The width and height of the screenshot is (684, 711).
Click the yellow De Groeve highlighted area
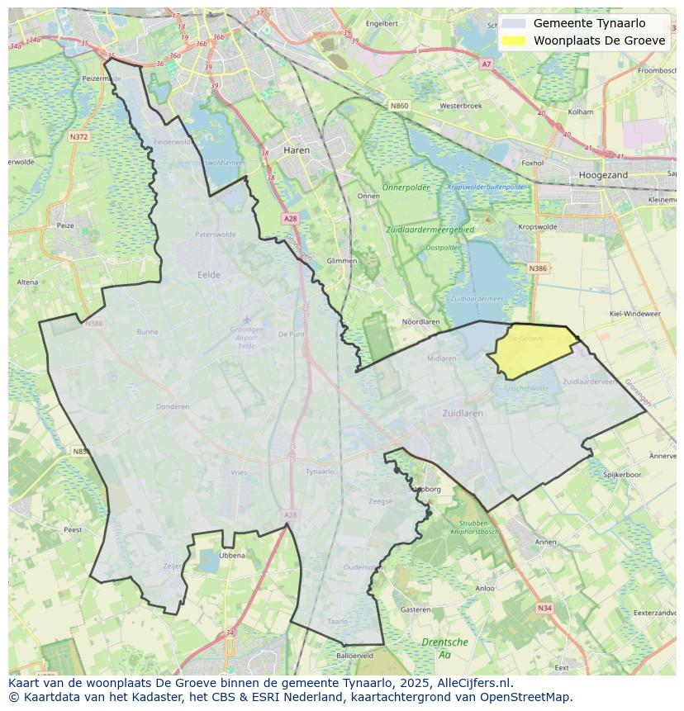[x=531, y=351]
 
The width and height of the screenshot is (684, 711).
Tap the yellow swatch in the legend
[x=513, y=40]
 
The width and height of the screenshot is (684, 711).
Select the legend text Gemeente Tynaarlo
[x=589, y=23]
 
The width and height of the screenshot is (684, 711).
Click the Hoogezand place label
[x=603, y=175]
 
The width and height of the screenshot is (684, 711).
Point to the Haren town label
[x=296, y=151]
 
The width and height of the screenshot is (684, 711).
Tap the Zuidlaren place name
[x=467, y=413]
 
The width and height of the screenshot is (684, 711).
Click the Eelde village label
[x=209, y=275]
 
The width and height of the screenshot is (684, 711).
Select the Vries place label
[x=239, y=472]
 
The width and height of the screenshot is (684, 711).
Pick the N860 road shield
[x=399, y=106]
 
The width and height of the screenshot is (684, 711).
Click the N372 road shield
[x=79, y=137]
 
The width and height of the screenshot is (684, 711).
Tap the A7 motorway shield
[x=486, y=64]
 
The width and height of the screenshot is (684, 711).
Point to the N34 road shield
[x=544, y=608]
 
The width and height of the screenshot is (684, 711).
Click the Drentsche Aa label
[x=444, y=647]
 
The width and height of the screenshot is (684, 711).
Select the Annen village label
[x=546, y=543]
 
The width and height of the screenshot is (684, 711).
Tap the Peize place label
[x=64, y=225]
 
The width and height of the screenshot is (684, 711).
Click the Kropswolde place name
[x=537, y=226]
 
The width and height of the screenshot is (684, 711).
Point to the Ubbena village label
[x=232, y=556]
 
